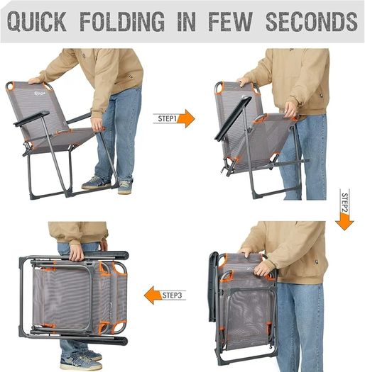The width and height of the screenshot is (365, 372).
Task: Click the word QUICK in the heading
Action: pos(37,21)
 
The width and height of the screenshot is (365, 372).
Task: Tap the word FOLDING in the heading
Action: pos(122,21)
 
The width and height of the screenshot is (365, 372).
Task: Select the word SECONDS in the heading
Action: pos(312,21)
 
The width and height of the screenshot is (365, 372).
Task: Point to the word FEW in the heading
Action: pos(230,21)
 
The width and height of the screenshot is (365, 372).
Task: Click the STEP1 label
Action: pos(168,118)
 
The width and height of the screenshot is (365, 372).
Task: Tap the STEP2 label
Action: pos(344,203)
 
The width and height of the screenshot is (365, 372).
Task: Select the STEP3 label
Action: pos(172,295)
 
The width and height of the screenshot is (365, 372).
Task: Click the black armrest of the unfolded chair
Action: pos(31,118)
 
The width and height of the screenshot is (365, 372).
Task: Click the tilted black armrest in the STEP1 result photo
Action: pos(233,118)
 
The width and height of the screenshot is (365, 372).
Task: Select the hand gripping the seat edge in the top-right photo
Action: pos(290,110)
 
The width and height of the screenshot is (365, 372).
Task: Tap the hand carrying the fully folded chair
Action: pos(77,252)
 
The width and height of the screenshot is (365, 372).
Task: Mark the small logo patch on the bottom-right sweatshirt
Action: pos(317,262)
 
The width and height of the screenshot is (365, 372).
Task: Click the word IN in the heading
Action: pos(187,21)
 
